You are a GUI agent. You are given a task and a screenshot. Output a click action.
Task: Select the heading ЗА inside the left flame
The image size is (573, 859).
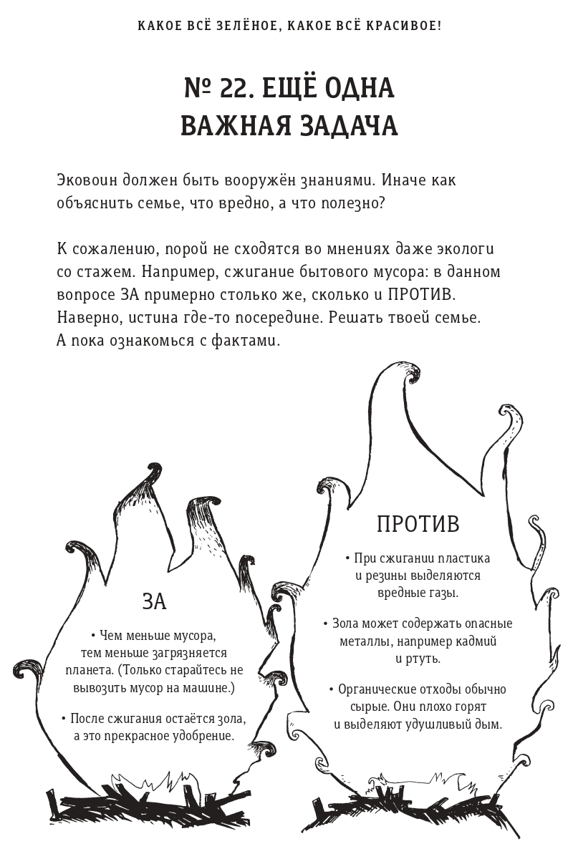click(x=154, y=601)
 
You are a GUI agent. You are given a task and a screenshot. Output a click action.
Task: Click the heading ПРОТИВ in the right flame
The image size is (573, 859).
click(x=418, y=524)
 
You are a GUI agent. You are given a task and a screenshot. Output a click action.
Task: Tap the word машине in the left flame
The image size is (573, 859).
click(x=207, y=687)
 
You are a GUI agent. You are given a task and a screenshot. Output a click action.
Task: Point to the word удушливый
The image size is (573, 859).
click(x=425, y=724)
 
